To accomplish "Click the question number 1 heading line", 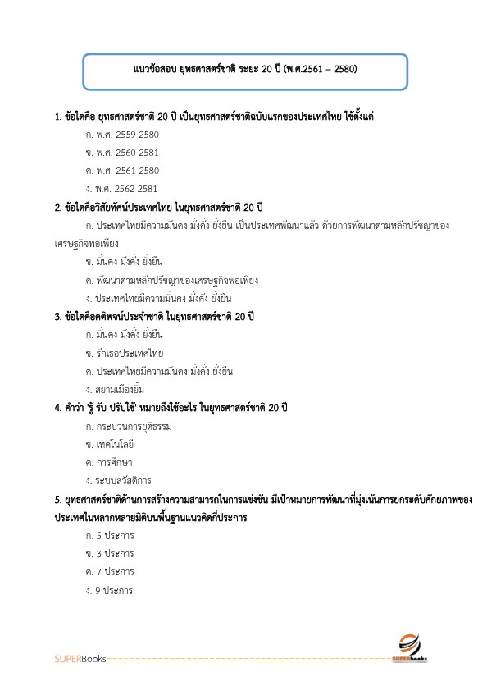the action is click(213, 116).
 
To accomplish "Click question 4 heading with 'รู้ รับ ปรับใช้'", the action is click(171, 408).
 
